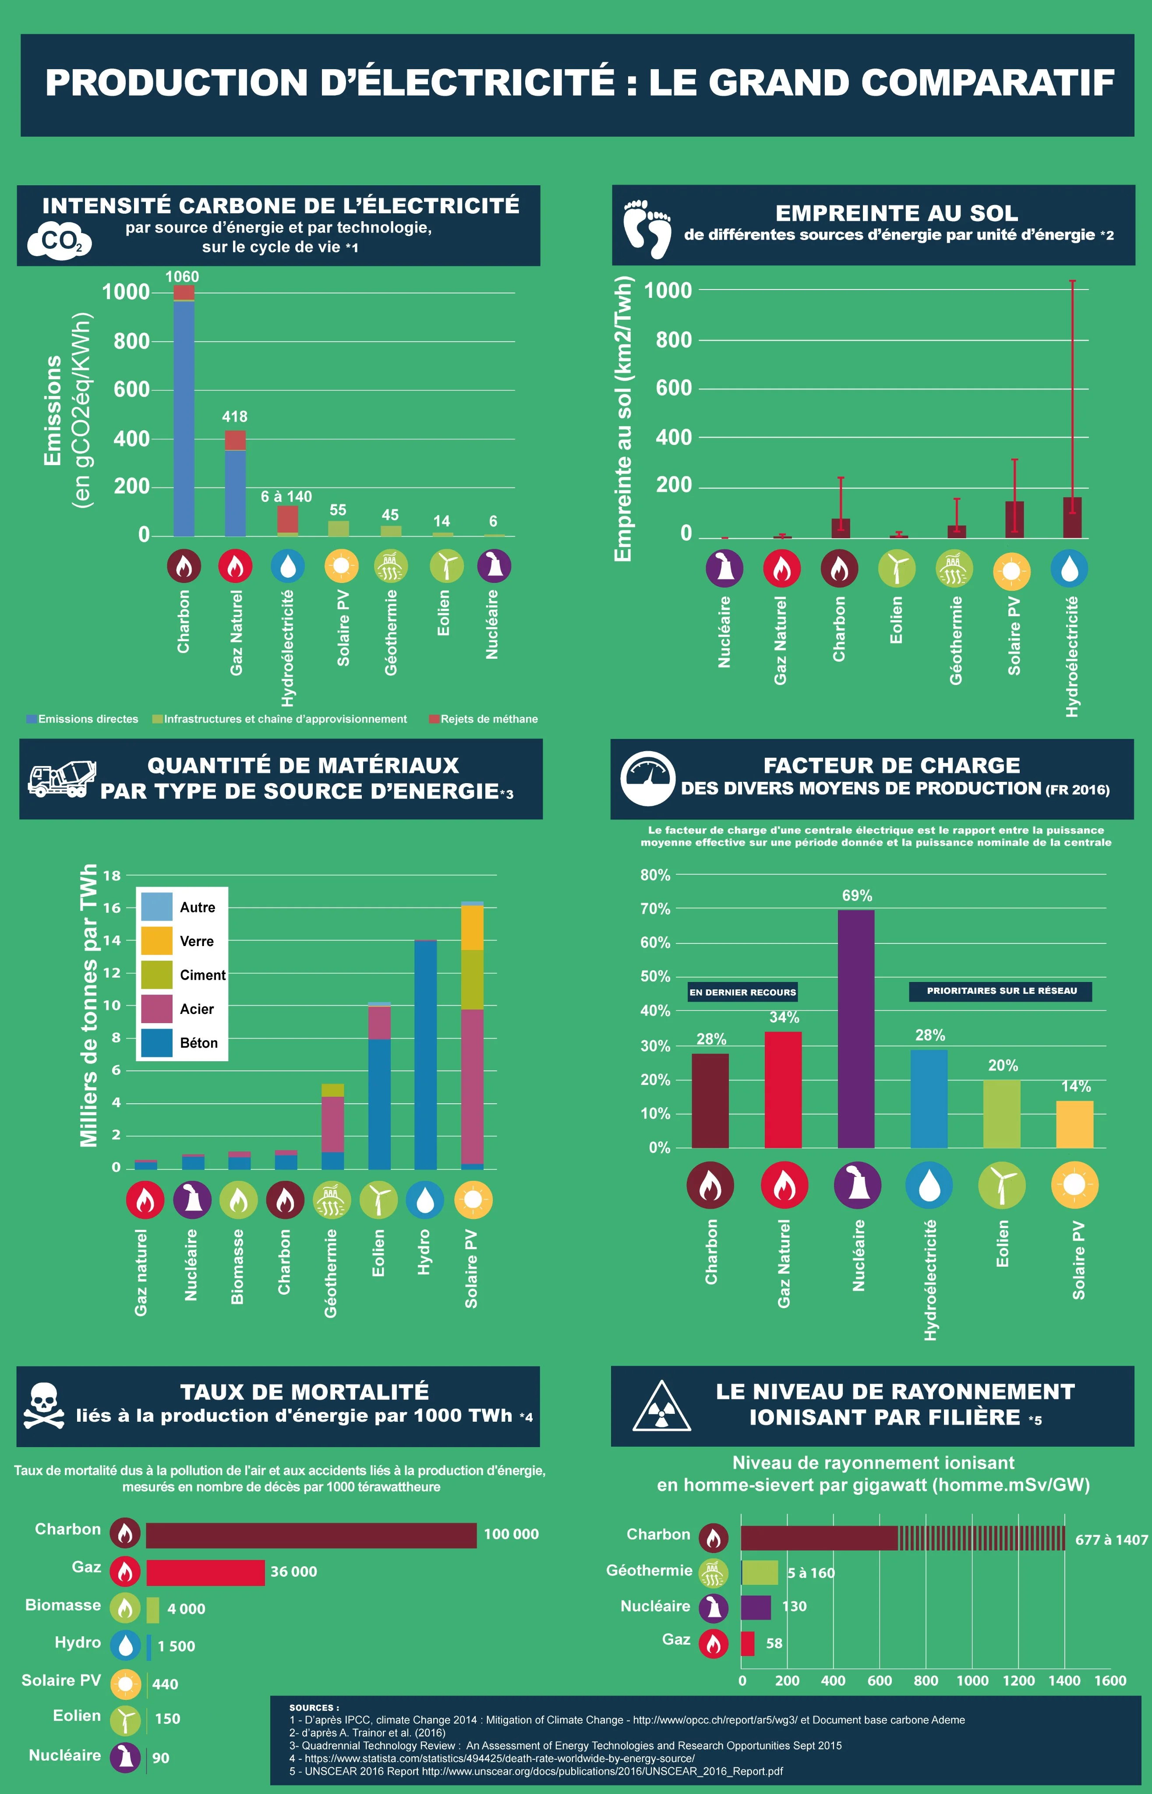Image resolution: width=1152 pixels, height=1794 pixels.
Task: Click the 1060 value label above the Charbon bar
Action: coord(182,277)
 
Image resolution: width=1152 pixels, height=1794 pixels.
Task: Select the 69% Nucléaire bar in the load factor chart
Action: coord(856,1028)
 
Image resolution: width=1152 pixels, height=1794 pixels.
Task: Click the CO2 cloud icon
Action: coord(59,241)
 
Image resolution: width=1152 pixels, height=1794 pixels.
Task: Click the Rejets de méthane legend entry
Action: coord(484,719)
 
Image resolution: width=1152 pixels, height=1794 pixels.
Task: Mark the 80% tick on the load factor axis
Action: coord(655,875)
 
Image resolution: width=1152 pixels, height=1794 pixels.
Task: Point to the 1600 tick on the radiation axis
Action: coord(1110,1680)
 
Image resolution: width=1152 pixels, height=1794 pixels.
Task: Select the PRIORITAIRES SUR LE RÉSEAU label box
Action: coord(1001,991)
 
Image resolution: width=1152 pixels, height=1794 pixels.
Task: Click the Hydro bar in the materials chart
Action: coord(425,1054)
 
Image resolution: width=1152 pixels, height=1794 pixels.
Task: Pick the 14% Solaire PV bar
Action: coord(1074,1124)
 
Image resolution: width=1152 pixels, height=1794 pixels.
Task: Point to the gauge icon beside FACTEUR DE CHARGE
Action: coord(648,778)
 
